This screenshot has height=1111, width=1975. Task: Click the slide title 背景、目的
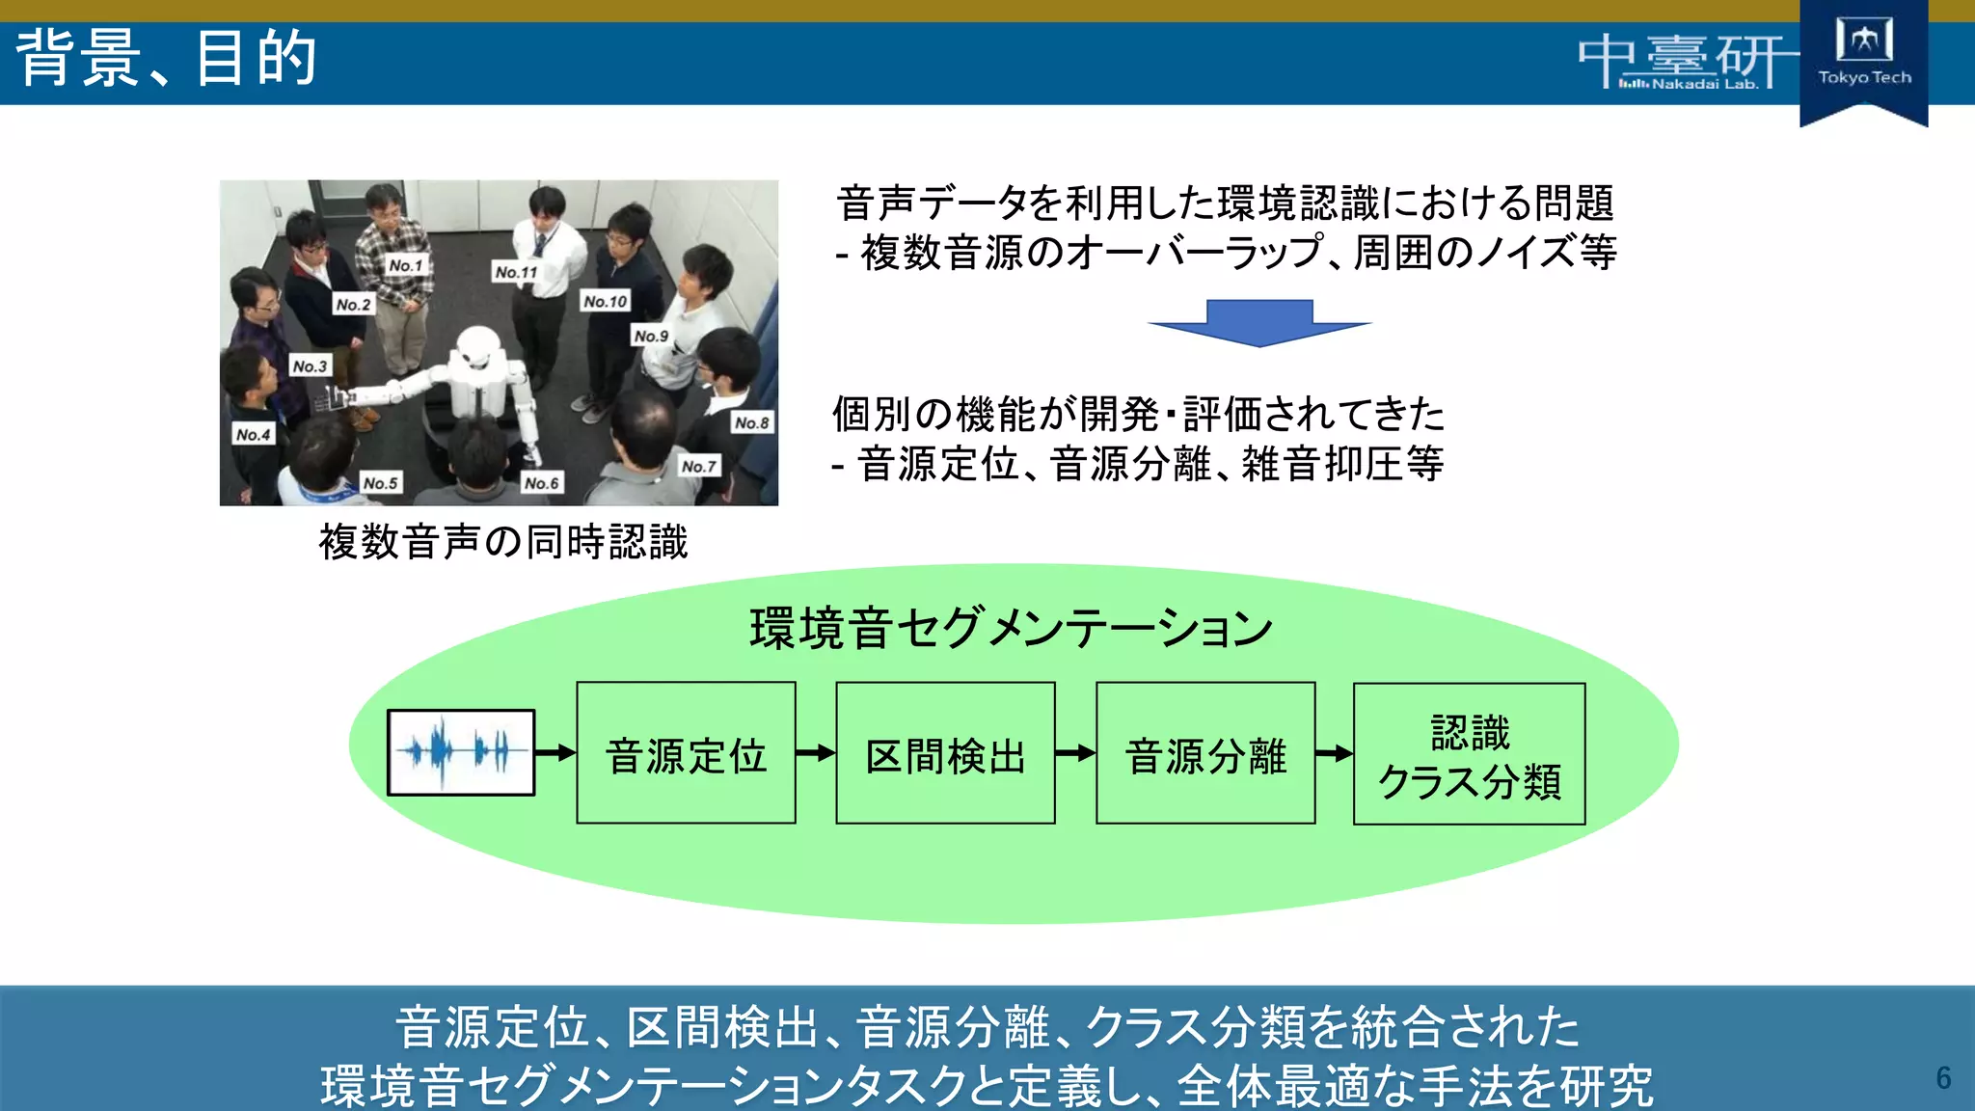point(167,59)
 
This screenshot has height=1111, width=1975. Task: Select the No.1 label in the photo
point(405,265)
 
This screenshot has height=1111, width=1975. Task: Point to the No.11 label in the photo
point(516,272)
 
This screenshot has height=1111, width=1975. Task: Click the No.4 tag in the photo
point(254,434)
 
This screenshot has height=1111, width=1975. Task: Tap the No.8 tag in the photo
point(752,422)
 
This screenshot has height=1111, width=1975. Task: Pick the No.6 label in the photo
point(541,482)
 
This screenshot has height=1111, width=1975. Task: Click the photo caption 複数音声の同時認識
point(503,542)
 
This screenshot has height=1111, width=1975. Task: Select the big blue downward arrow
point(1259,322)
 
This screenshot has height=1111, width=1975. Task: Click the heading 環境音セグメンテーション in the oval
point(1011,628)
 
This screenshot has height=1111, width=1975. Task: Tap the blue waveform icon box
point(461,752)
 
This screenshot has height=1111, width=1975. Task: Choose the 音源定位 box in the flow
point(686,753)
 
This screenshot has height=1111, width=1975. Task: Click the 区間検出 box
point(945,753)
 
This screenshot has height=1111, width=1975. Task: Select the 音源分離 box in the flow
point(1205,753)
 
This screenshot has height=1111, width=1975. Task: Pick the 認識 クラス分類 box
point(1469,754)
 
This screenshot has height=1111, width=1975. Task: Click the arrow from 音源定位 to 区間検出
point(816,752)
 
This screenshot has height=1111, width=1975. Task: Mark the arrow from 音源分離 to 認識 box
point(1335,752)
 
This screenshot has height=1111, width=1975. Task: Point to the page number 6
point(1943,1077)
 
